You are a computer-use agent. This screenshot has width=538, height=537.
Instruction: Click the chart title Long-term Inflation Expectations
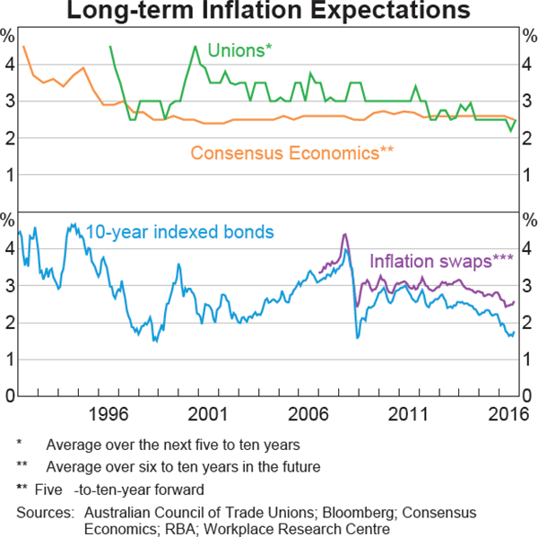tap(269, 12)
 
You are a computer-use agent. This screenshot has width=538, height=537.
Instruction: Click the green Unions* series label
tap(239, 50)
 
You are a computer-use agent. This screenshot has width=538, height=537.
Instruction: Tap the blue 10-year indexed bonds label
tap(179, 232)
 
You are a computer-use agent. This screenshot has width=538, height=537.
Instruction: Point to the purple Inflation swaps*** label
tap(441, 261)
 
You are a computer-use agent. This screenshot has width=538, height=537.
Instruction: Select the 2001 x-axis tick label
tap(210, 413)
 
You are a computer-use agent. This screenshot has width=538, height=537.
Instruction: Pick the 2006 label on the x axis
tap(312, 413)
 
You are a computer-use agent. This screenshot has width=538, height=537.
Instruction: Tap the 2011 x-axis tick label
tap(411, 413)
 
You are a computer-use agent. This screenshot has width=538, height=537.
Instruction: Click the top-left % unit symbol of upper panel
tap(7, 37)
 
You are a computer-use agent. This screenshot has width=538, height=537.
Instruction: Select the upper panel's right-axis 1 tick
tap(528, 175)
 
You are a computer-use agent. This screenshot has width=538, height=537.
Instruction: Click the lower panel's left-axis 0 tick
tap(7, 395)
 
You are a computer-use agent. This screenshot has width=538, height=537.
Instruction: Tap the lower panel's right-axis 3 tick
tap(528, 285)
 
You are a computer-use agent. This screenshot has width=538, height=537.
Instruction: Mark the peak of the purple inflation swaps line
tap(344, 235)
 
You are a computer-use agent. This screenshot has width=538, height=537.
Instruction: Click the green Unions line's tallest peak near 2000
tap(195, 46)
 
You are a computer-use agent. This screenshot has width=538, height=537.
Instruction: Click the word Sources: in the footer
tap(44, 512)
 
